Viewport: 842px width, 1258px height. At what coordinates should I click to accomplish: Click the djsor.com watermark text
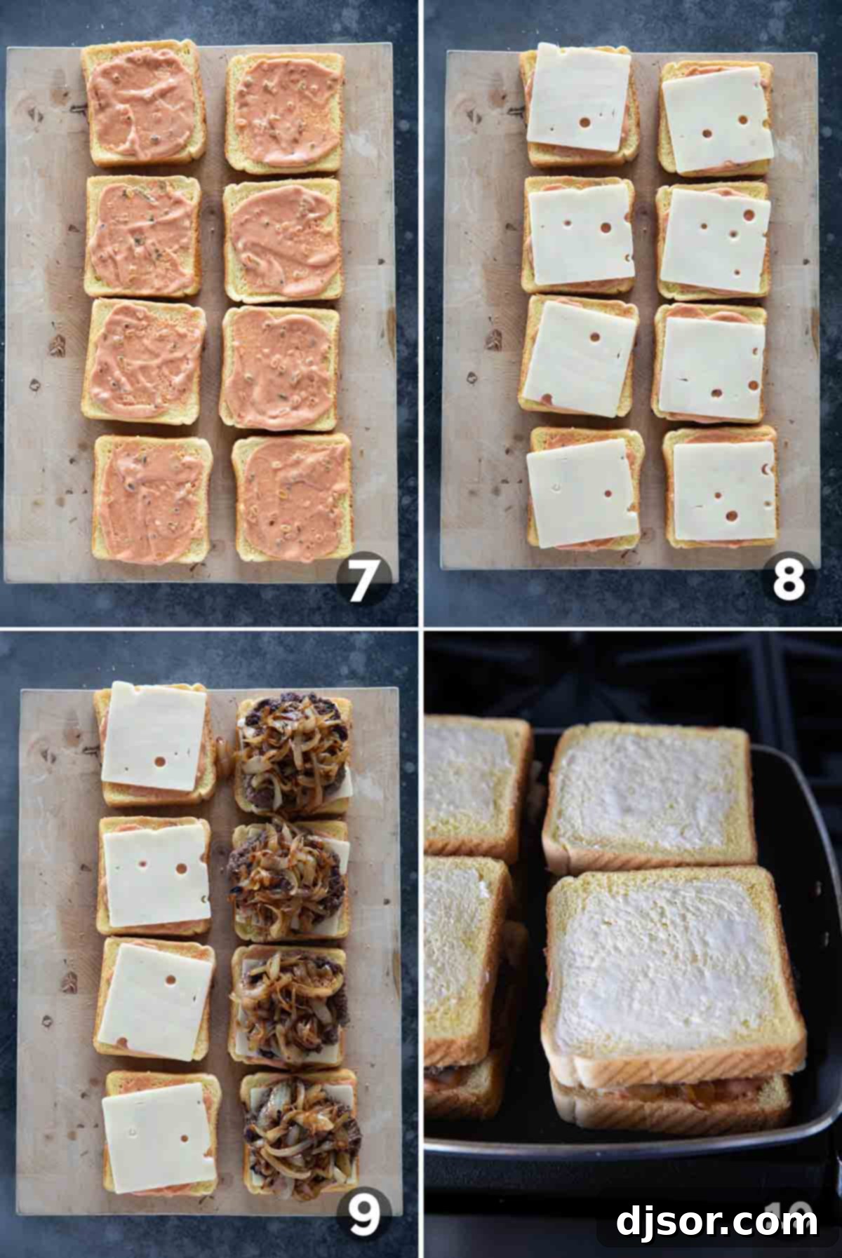point(716,1221)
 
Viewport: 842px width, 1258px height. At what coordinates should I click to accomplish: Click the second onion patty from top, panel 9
point(289,879)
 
